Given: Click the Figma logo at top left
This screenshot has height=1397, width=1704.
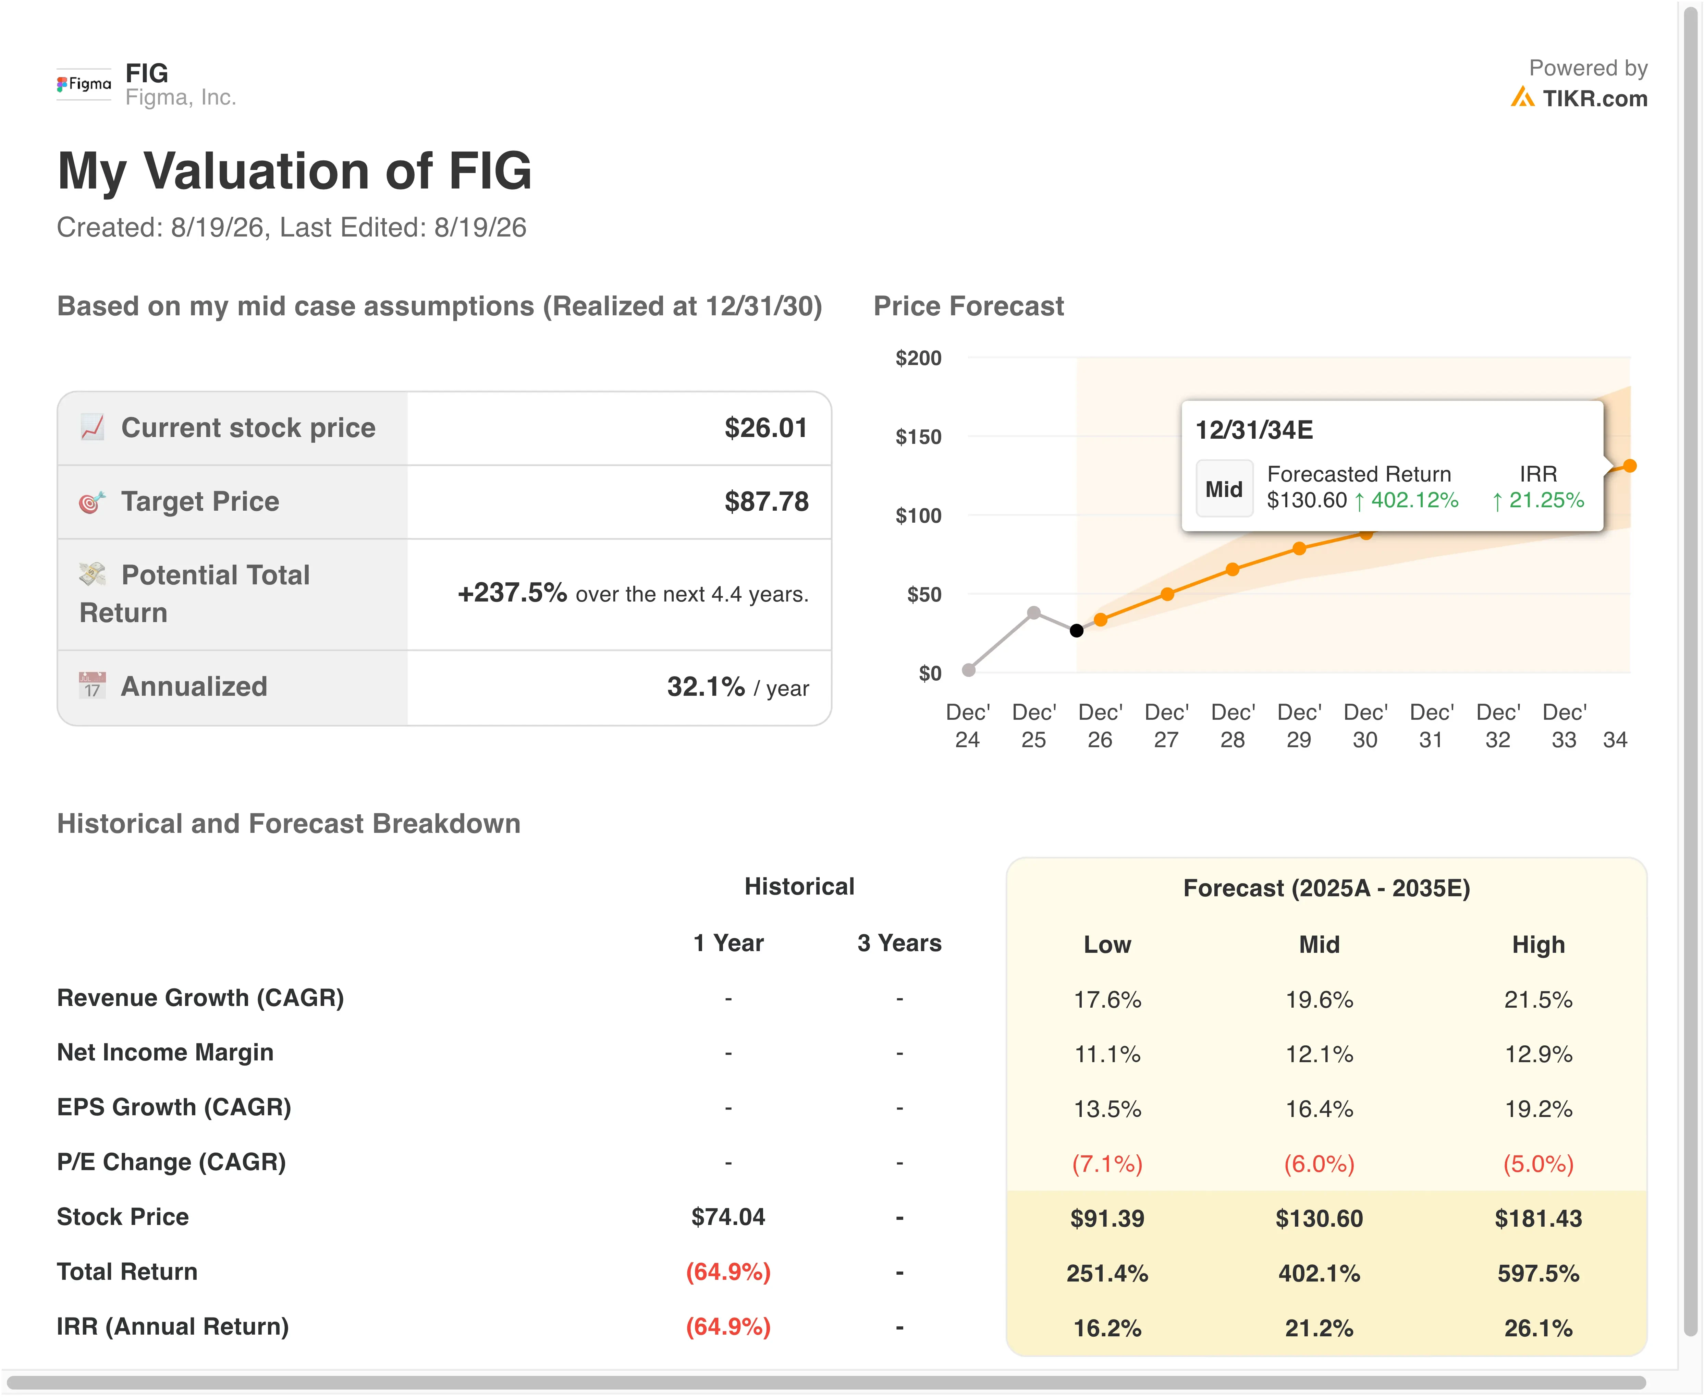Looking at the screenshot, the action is coord(84,84).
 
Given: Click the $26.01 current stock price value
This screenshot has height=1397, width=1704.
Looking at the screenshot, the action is coord(766,428).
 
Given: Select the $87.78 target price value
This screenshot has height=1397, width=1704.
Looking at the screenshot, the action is coord(766,501).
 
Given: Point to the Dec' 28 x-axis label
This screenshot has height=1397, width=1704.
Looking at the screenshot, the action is coord(1233,726).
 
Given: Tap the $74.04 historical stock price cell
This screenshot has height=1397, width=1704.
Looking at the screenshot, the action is coord(728,1217).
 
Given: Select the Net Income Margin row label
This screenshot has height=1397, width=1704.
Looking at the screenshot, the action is coord(165,1053).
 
